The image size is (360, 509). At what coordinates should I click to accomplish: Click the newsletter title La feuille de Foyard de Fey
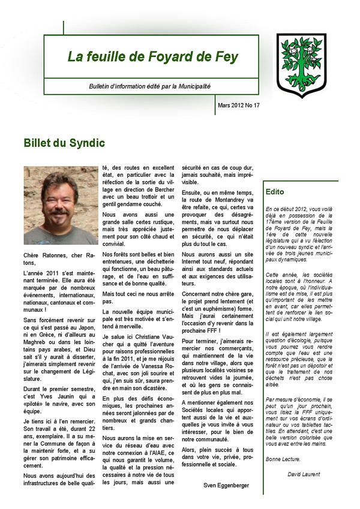click(x=152, y=58)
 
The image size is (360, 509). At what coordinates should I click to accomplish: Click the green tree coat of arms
click(x=301, y=65)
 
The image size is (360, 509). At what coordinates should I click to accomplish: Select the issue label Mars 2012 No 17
click(x=239, y=106)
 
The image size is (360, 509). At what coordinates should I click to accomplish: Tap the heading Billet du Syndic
click(x=64, y=143)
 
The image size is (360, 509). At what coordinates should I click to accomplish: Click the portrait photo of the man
click(x=61, y=205)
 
